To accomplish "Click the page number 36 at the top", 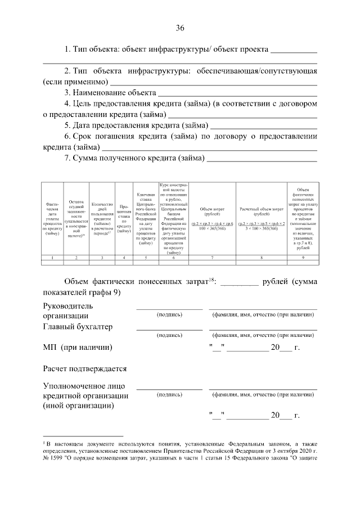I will (x=180, y=28).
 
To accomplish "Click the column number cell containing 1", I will (x=52, y=258).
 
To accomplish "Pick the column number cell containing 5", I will (x=145, y=258).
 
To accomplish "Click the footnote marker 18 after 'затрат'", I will (x=211, y=279).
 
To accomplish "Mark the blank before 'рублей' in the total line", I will (x=239, y=283).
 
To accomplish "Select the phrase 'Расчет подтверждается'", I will (x=84, y=369).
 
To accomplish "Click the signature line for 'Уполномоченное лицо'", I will (x=169, y=388).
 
